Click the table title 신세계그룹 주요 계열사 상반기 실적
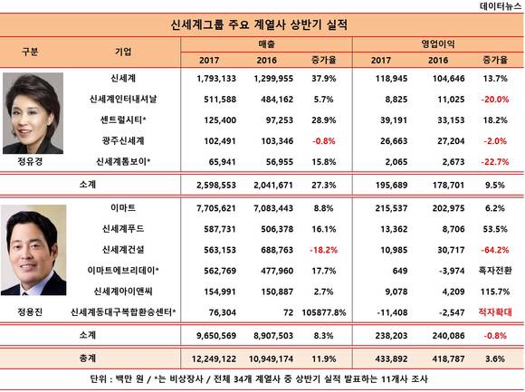point(259,24)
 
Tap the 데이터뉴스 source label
point(501,5)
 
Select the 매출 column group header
point(266,43)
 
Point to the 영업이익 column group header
point(437,43)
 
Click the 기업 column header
point(123,52)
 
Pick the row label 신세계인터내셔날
point(123,99)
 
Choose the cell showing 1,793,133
point(216,79)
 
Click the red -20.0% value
point(495,100)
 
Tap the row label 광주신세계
point(123,140)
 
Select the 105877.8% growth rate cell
point(324,312)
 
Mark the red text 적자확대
point(495,312)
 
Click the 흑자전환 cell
point(495,271)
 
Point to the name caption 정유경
point(30,161)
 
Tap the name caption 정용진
point(30,312)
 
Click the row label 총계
point(88,359)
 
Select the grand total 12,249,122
point(214,359)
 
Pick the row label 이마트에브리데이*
point(123,271)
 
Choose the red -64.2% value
point(495,250)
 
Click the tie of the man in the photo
point(24,293)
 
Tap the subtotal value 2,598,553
point(216,185)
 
